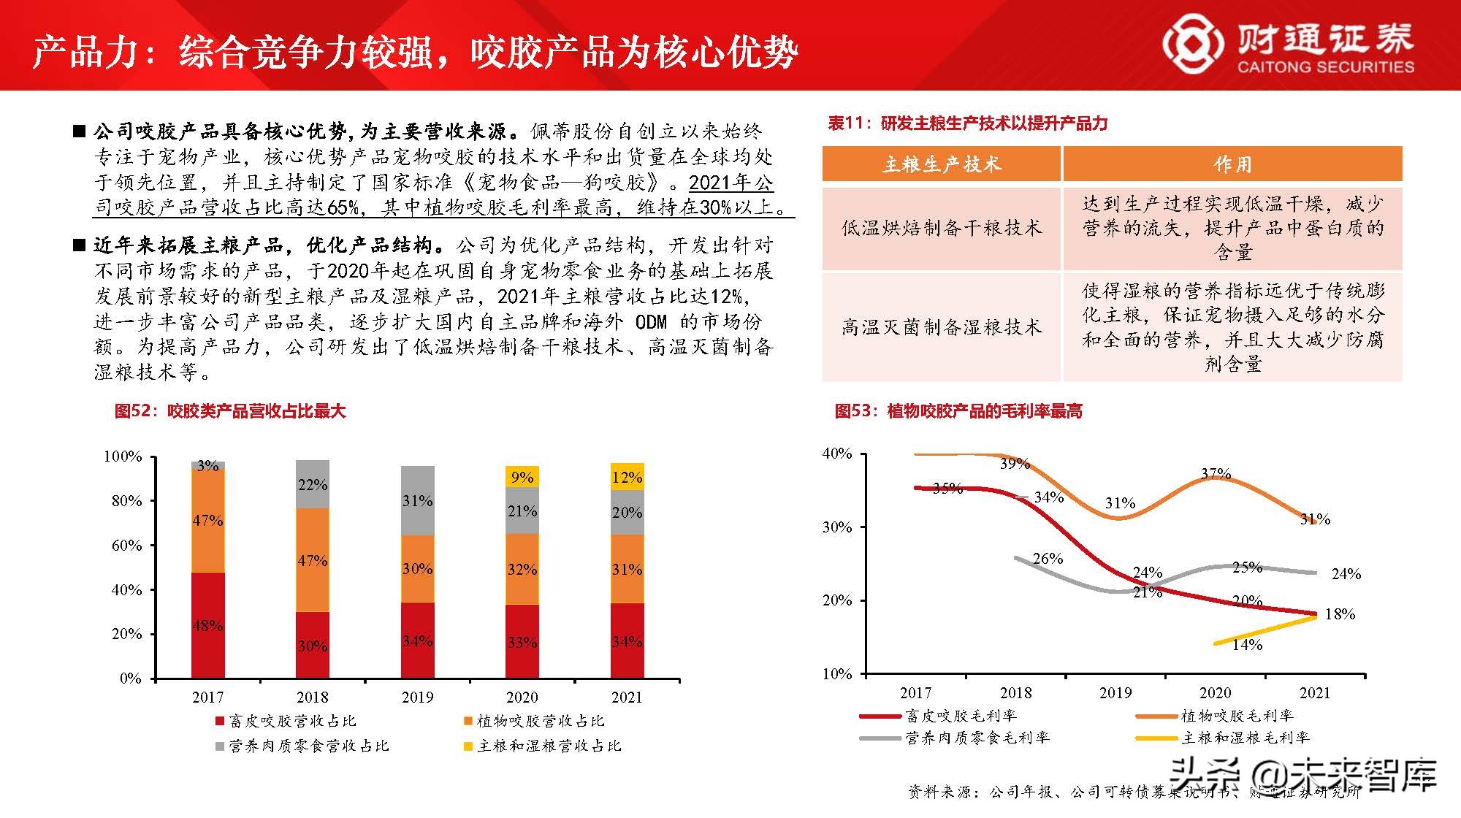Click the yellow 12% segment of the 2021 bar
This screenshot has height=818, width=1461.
(627, 476)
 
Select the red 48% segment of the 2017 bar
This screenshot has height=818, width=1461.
(207, 625)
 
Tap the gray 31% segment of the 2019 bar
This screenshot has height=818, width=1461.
(417, 500)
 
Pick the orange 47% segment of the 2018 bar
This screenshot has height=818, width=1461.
(312, 560)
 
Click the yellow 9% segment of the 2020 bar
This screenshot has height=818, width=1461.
(522, 476)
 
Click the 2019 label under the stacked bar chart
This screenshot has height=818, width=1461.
(417, 697)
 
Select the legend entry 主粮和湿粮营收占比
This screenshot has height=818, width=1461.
(542, 746)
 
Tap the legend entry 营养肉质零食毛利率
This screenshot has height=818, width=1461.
(976, 738)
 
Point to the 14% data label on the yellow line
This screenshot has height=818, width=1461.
(1246, 644)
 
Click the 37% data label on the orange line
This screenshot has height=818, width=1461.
(1216, 474)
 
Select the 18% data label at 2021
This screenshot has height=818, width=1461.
(1339, 614)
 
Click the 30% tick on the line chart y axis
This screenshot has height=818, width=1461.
(837, 527)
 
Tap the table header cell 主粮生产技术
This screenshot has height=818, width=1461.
(941, 164)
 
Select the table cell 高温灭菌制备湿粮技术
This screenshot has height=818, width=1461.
(941, 327)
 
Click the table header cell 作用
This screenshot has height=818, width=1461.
(1232, 164)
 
